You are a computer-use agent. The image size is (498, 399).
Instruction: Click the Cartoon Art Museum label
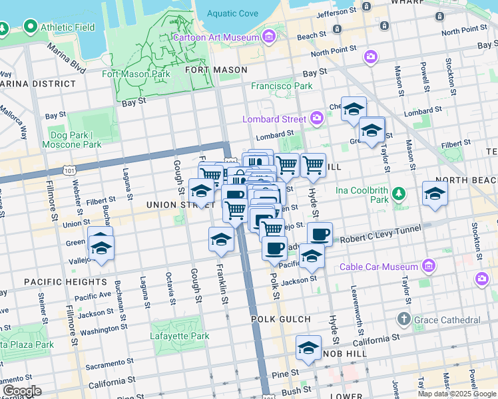tap(215, 37)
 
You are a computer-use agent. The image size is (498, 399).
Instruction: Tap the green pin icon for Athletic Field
tap(30, 27)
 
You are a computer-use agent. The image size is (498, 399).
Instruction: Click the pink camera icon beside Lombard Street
tap(317, 119)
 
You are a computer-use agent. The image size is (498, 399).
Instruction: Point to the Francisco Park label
tap(282, 86)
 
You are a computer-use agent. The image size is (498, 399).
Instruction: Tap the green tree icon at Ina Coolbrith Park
tap(398, 194)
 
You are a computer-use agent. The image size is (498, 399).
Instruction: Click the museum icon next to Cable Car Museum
tap(428, 267)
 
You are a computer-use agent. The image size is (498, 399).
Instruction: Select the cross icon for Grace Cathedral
tap(403, 320)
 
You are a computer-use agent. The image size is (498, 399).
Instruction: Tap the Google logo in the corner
tap(21, 391)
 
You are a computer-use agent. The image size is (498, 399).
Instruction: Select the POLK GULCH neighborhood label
tap(281, 319)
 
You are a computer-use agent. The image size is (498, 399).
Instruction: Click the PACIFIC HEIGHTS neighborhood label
tap(57, 282)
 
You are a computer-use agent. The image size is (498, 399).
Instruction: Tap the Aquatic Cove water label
tap(232, 13)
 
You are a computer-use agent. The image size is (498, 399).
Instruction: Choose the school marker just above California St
tap(308, 348)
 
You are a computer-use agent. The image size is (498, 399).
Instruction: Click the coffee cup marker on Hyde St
tap(320, 233)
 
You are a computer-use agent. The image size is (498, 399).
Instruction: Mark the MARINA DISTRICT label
tap(38, 84)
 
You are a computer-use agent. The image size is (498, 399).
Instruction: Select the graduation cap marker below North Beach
tap(435, 194)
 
